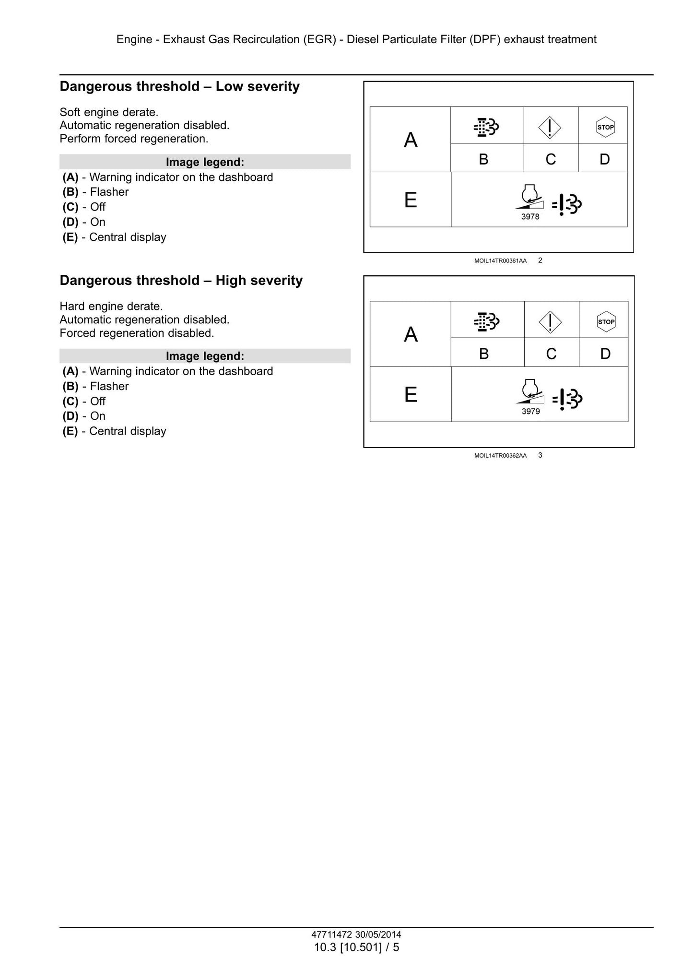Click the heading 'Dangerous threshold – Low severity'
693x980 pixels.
[x=179, y=87]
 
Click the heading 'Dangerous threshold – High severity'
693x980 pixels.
[x=181, y=281]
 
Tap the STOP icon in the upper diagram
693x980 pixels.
[x=605, y=127]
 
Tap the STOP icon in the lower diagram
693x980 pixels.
[x=606, y=321]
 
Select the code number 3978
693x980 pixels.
[x=530, y=217]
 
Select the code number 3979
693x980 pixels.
[x=531, y=412]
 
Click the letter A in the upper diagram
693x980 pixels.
[x=411, y=140]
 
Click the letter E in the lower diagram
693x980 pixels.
[x=411, y=395]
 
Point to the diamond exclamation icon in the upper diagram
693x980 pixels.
[x=550, y=128]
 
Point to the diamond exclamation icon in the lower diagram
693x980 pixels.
[x=550, y=322]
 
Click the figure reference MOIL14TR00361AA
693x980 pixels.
[x=500, y=261]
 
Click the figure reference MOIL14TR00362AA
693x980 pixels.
[x=500, y=456]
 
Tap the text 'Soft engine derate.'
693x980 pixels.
[x=109, y=112]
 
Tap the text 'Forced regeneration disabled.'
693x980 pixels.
[x=137, y=333]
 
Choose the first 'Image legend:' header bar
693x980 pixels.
[x=205, y=162]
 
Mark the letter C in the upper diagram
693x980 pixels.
[x=551, y=159]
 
